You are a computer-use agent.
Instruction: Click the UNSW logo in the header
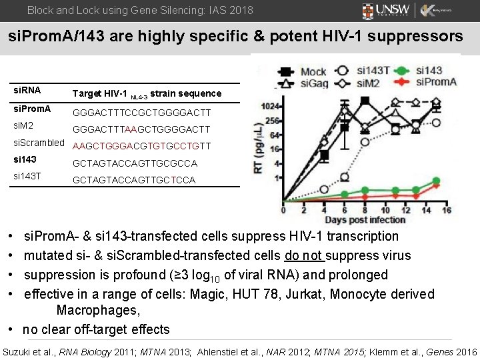[x=387, y=11]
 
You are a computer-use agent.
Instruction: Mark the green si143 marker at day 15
[x=436, y=181]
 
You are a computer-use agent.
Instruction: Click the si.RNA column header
[x=27, y=89]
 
